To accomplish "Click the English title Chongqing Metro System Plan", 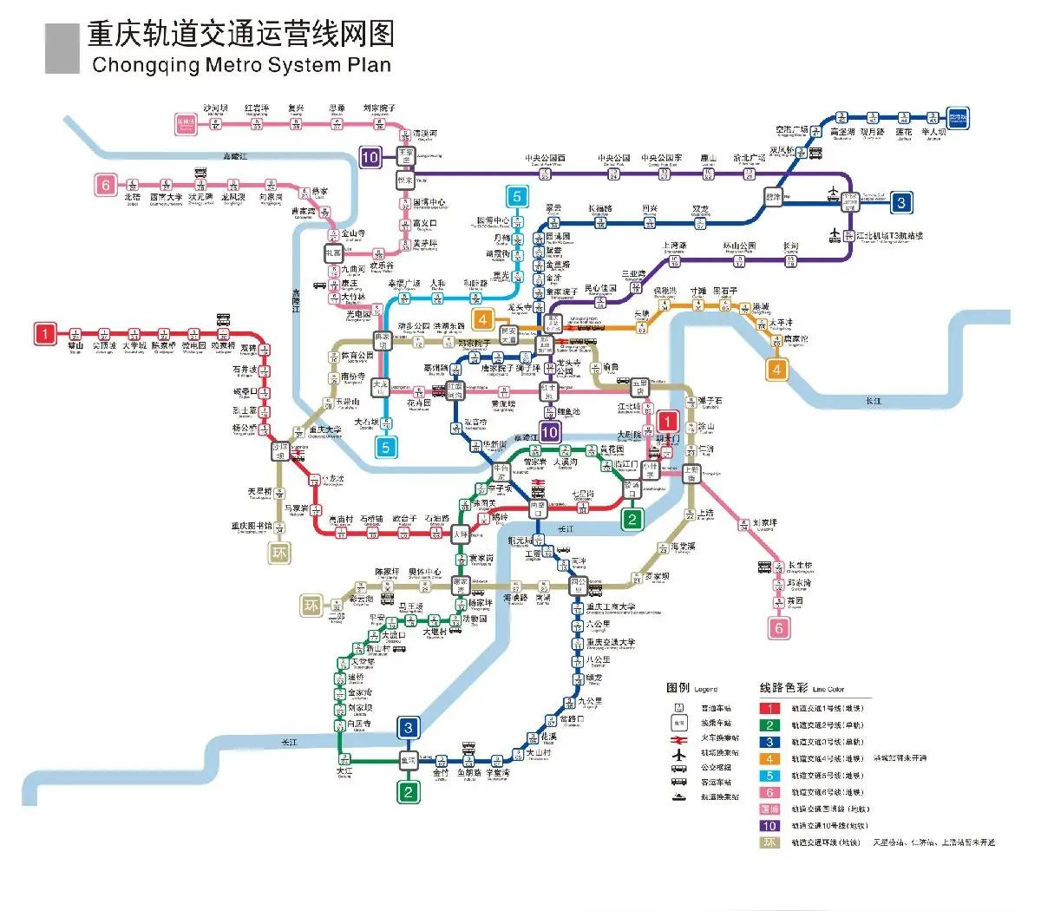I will (x=241, y=65).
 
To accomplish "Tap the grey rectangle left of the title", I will (x=62, y=48).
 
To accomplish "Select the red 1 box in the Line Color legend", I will (x=769, y=708).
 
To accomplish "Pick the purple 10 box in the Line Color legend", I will (x=769, y=826).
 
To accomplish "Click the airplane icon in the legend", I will (x=678, y=753).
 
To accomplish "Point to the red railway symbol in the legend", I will (x=678, y=738).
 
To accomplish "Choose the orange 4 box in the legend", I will (x=769, y=758).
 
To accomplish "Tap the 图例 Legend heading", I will (x=691, y=688).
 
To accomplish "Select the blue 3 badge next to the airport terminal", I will (x=901, y=203).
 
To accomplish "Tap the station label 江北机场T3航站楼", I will (x=889, y=235).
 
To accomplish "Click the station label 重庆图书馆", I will (x=252, y=526).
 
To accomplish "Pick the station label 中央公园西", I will (x=545, y=159).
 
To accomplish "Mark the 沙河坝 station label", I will (x=215, y=108).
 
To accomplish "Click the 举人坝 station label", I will (x=933, y=132).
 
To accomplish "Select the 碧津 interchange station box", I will (x=773, y=197).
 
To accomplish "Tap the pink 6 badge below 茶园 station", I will (x=778, y=628).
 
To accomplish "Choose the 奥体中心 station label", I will (x=425, y=573).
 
